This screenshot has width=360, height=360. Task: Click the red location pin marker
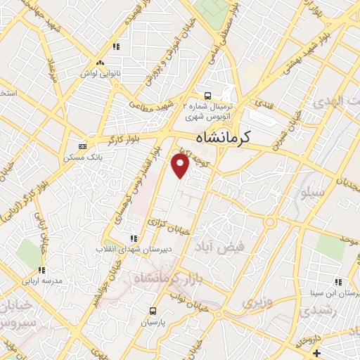pyautogui.click(x=181, y=166)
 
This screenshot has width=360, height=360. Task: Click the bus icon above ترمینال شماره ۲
pyautogui.click(x=207, y=96)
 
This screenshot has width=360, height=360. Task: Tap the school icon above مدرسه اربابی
pyautogui.click(x=41, y=269)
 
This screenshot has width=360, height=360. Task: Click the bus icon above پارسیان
pyautogui.click(x=153, y=311)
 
